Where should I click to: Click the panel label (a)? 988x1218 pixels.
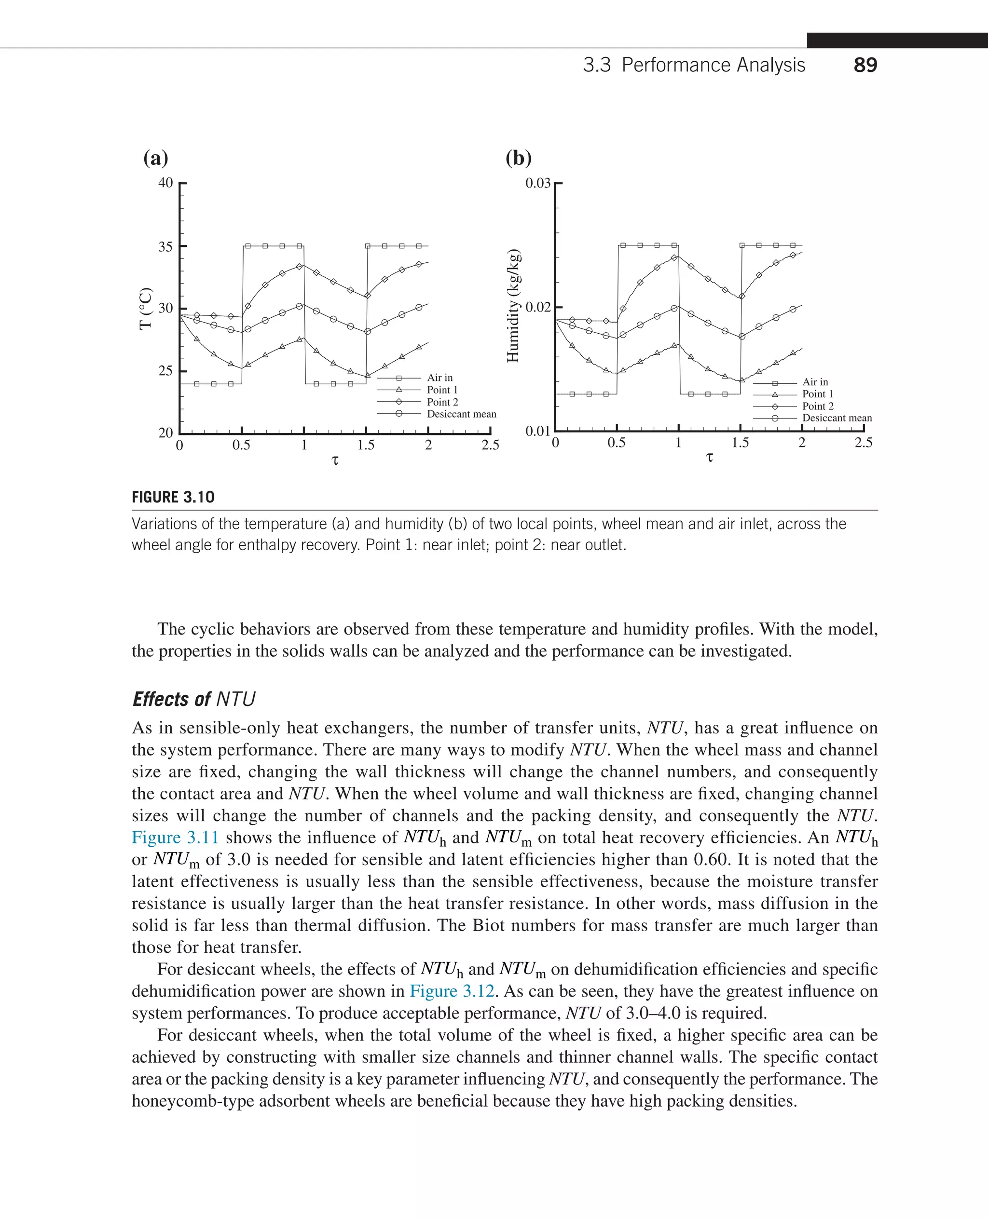(155, 158)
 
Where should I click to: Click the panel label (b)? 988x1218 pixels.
(519, 158)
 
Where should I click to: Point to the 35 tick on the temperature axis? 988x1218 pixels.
(165, 246)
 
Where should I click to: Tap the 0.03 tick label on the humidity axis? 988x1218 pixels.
(538, 183)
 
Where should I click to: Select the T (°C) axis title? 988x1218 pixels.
(146, 308)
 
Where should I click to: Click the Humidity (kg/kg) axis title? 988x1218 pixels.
(513, 306)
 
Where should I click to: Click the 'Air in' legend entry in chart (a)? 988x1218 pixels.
(439, 378)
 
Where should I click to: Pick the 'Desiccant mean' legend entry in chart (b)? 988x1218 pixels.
(837, 418)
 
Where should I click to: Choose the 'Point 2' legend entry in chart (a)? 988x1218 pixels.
(442, 402)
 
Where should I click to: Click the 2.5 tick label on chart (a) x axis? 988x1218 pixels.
(490, 446)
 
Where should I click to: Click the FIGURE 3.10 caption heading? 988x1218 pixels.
(173, 497)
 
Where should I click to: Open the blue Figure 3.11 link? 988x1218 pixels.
(175, 838)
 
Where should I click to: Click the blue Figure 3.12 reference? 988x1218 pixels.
(453, 991)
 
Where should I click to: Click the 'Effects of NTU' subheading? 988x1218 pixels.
(194, 699)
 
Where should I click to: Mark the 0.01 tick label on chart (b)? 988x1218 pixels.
(538, 431)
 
